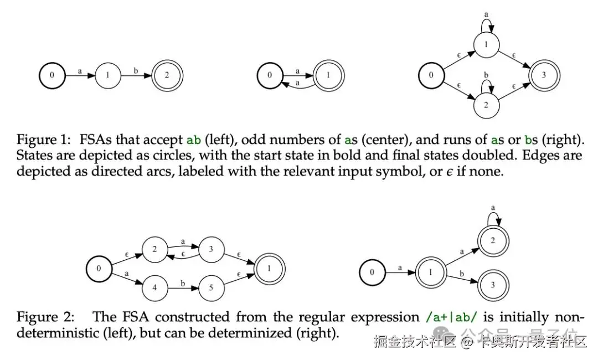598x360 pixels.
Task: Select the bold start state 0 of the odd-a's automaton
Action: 270,75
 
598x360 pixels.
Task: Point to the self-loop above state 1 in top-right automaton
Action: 486,23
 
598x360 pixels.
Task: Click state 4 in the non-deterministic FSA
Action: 154,287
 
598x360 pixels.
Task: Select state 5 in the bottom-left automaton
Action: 211,287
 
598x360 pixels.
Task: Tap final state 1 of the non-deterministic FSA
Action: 270,269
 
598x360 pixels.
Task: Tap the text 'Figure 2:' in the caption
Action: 45,317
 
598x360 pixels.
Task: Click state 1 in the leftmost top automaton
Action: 109,75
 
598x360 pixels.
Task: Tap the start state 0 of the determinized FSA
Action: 372,272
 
